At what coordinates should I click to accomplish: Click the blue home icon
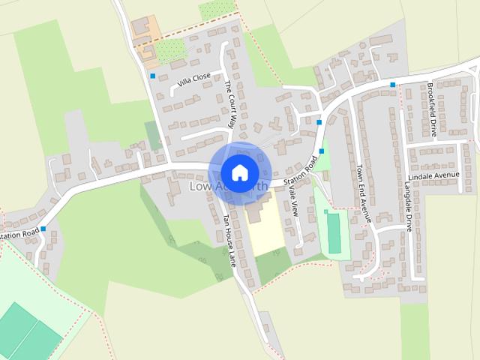[239, 172]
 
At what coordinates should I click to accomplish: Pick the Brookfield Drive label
[432, 109]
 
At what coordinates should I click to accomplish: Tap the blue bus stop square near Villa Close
[153, 76]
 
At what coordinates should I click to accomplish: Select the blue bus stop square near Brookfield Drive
[392, 85]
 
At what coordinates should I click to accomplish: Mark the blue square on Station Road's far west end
[43, 228]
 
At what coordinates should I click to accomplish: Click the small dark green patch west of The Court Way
[153, 135]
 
